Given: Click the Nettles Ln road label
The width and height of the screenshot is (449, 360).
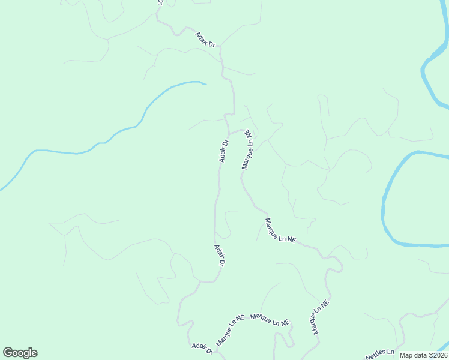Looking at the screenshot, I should point(380,354).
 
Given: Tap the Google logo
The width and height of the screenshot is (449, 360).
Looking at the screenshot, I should point(20,353).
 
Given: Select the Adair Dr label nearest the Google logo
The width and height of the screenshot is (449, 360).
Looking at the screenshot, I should point(202,349).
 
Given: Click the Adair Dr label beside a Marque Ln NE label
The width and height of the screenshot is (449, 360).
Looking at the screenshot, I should point(224,151).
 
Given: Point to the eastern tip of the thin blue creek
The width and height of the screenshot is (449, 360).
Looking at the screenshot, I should point(205,84).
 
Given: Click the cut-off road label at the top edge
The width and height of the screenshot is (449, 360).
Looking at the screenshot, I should point(160,3).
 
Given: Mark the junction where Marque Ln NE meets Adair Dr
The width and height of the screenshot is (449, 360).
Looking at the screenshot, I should point(228,133).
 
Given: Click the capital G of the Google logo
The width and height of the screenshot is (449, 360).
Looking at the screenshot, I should point(7,353).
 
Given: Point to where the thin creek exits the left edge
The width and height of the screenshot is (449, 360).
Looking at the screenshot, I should point(1,190).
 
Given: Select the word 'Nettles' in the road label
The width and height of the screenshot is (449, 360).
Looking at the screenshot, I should point(376,355).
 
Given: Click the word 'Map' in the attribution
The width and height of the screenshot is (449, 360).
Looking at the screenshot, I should point(406,355).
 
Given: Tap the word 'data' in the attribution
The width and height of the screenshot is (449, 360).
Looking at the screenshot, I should point(419,355).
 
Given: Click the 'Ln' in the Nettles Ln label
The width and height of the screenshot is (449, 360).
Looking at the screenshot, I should point(390,351).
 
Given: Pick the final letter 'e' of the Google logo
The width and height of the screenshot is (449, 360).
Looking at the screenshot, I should point(34,353).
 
